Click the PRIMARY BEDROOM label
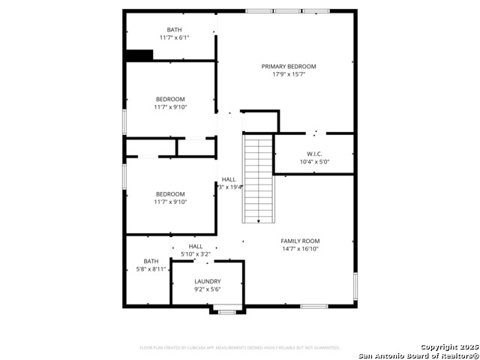click(x=289, y=66)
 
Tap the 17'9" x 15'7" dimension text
click(x=289, y=74)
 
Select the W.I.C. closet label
click(x=314, y=154)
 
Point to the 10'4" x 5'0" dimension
click(x=314, y=161)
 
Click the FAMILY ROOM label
click(x=300, y=241)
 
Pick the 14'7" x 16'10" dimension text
click(x=300, y=249)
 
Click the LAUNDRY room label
click(x=207, y=281)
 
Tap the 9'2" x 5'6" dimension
click(x=207, y=289)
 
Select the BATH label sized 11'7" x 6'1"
click(x=174, y=30)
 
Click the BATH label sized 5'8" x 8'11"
click(x=151, y=261)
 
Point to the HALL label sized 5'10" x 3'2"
click(x=196, y=246)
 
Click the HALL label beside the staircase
click(x=229, y=179)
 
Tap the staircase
click(x=257, y=178)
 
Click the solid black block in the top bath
click(x=139, y=55)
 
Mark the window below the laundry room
click(x=226, y=311)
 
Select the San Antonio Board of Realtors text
click(x=418, y=355)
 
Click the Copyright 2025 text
click(x=448, y=347)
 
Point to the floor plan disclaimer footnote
click(x=240, y=348)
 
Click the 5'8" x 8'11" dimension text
click(x=151, y=268)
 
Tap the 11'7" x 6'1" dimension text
click(x=174, y=37)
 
